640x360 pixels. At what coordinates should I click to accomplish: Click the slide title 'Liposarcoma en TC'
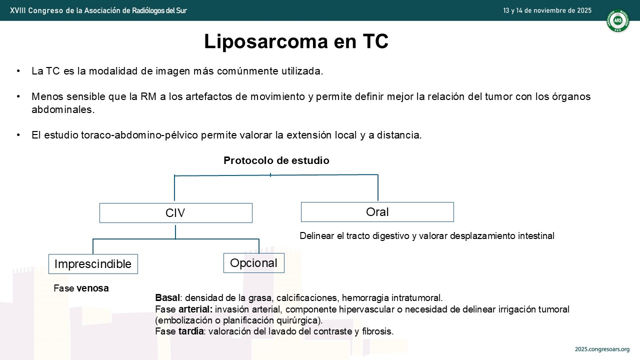click(296, 41)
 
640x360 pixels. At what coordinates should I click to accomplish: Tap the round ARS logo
click(617, 20)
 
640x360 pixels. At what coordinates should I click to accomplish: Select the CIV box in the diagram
click(175, 213)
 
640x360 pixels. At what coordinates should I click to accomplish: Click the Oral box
click(377, 212)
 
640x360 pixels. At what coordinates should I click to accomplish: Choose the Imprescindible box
click(93, 264)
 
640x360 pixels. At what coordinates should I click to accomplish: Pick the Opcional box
click(253, 263)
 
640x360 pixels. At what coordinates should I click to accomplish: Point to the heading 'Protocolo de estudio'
click(276, 160)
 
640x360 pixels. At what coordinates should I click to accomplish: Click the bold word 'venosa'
click(92, 288)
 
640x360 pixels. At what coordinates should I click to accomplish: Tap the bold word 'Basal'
click(167, 297)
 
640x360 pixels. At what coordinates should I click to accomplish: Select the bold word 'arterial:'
click(195, 309)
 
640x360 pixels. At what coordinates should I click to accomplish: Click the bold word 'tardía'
click(191, 331)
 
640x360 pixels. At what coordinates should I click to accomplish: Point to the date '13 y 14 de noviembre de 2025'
click(547, 10)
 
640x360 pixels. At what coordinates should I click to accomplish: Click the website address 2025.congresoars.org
click(602, 349)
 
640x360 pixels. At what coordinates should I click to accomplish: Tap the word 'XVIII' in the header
click(17, 10)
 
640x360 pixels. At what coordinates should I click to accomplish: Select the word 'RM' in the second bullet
click(148, 96)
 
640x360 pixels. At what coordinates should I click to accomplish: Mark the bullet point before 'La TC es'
click(18, 70)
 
